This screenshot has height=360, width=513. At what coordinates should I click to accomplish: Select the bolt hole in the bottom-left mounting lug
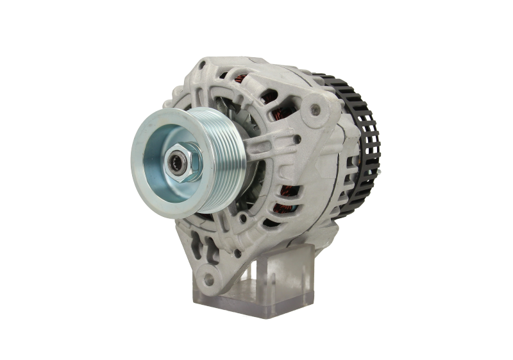[206, 278]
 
